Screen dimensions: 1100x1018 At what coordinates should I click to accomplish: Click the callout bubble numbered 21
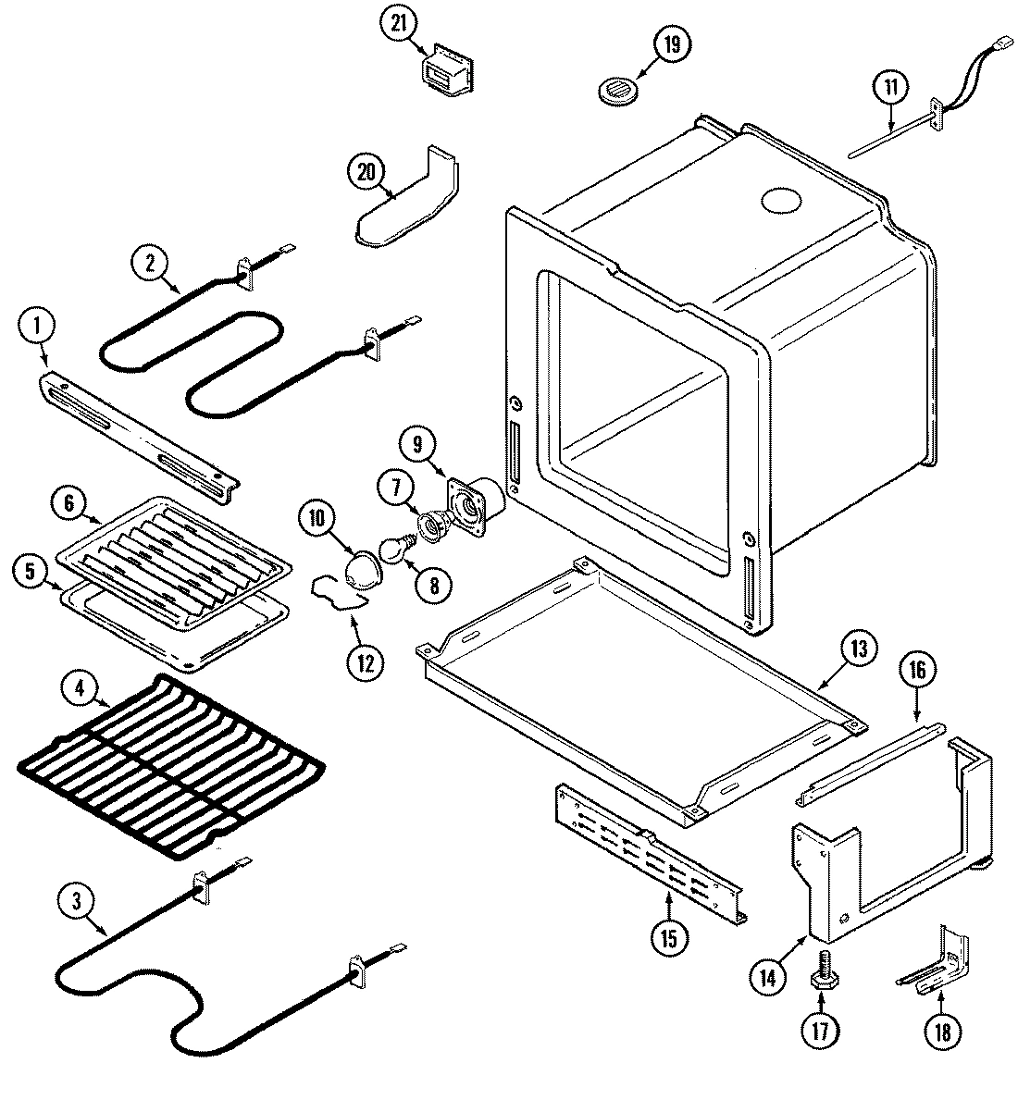[x=398, y=25]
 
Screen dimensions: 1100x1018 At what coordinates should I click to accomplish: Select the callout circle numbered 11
[x=889, y=89]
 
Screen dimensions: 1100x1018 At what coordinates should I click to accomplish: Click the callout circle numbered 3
[x=78, y=898]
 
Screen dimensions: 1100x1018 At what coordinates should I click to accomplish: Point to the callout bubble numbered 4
[x=81, y=687]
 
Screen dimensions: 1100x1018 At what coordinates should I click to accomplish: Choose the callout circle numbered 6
[x=71, y=505]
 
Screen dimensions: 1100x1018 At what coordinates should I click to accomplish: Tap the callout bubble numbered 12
[x=363, y=661]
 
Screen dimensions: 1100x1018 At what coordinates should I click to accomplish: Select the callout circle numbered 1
[x=38, y=325]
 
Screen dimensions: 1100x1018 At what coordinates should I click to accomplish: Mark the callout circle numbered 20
[x=366, y=170]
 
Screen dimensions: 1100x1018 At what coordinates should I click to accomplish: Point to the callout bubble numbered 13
[x=858, y=649]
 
